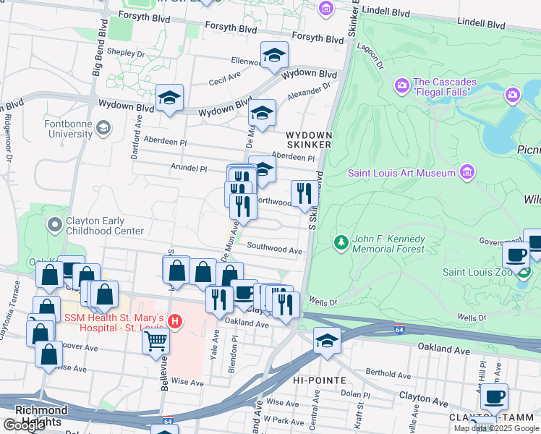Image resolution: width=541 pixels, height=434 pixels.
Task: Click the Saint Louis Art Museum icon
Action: (467, 172)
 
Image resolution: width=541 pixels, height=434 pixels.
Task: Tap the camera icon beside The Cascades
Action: (402, 86)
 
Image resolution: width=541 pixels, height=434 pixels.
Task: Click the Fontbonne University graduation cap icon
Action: (103, 128)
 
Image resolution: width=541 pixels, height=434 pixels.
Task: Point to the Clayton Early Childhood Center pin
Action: (54, 226)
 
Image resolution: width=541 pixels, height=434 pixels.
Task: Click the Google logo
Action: (24, 425)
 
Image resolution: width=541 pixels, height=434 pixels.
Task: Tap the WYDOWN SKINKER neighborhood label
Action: (308, 140)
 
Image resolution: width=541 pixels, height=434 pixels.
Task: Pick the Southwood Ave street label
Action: (274, 249)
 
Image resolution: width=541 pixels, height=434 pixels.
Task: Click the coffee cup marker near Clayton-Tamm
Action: (494, 396)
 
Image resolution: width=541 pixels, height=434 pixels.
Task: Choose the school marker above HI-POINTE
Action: (327, 341)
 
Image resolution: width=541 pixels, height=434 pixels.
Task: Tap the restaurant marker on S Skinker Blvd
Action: (304, 194)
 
